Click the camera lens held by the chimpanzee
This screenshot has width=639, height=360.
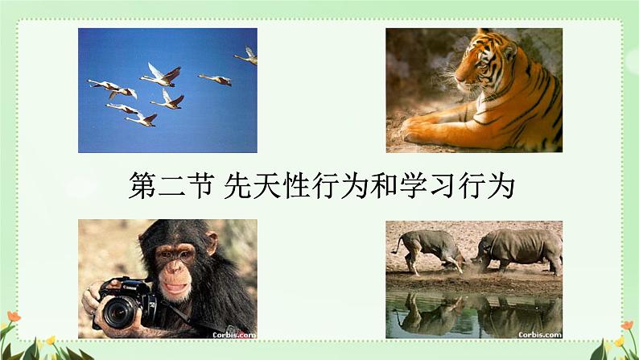(x=118, y=312)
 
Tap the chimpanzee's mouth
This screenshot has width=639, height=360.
(x=175, y=288)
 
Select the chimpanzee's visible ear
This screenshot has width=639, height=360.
(x=211, y=242)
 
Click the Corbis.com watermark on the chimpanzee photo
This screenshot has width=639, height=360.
(x=234, y=335)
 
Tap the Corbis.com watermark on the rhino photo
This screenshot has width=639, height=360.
(x=540, y=335)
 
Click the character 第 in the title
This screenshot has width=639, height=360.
(x=142, y=185)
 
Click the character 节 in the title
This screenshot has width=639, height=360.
(x=201, y=185)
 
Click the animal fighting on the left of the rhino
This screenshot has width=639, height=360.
(x=429, y=250)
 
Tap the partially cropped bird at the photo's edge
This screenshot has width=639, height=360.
(x=246, y=56)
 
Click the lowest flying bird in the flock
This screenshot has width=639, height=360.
(x=142, y=118)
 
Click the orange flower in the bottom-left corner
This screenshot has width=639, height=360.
(x=14, y=317)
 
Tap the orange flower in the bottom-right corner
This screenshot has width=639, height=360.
(x=627, y=325)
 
